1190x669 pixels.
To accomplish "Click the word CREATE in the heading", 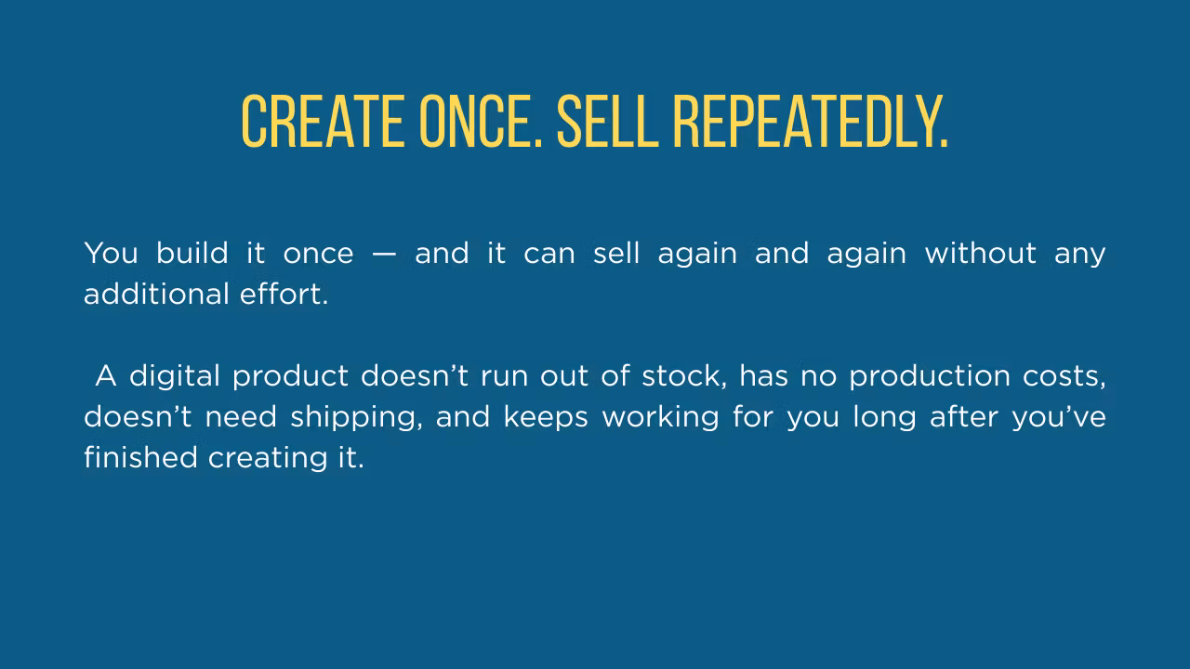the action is (324, 121).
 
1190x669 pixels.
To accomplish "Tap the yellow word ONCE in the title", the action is (481, 121).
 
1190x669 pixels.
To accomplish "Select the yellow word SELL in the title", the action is (608, 121).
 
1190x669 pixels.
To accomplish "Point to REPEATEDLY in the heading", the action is (810, 121).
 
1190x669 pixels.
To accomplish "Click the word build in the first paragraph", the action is (192, 253).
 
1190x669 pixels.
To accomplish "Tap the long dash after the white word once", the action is (384, 254).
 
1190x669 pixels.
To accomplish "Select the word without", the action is (980, 253).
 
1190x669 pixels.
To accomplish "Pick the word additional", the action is (156, 294).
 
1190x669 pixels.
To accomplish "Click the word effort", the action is (284, 294).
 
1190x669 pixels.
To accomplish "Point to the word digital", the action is (174, 377).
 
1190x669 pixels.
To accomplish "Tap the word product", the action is (290, 377).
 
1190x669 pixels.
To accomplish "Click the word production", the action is (930, 377).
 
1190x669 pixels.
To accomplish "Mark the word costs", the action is (1064, 377).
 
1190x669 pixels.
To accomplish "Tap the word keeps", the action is (546, 418).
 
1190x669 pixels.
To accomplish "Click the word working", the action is (660, 418).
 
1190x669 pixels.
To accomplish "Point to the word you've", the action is (1059, 418).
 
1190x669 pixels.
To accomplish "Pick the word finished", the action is (140, 458).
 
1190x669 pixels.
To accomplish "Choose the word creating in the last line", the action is (268, 459).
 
